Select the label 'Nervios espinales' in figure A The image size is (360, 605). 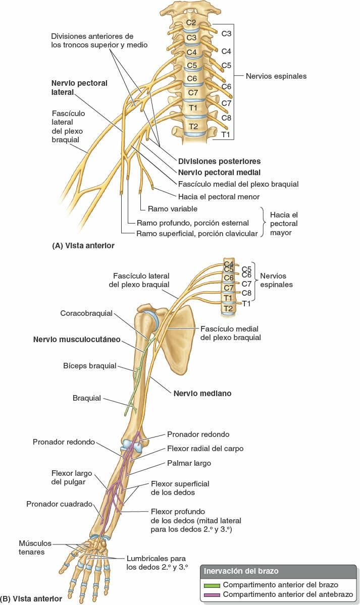pyautogui.click(x=276, y=76)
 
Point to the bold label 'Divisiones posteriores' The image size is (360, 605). pyautogui.click(x=219, y=161)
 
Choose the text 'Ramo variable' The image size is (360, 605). pyautogui.click(x=172, y=208)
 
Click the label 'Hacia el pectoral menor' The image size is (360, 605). pyautogui.click(x=219, y=196)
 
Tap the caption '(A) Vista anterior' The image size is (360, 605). pyautogui.click(x=83, y=246)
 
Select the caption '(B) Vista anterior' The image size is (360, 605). pyautogui.click(x=31, y=599)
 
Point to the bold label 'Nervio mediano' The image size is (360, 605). pyautogui.click(x=202, y=393)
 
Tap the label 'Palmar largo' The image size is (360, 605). pyautogui.click(x=189, y=463)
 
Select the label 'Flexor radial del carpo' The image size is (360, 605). pyautogui.click(x=205, y=449)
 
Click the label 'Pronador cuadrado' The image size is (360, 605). pyautogui.click(x=60, y=504)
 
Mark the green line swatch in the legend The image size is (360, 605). pyautogui.click(x=212, y=585)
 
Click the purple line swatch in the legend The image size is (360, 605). pyautogui.click(x=212, y=594)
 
